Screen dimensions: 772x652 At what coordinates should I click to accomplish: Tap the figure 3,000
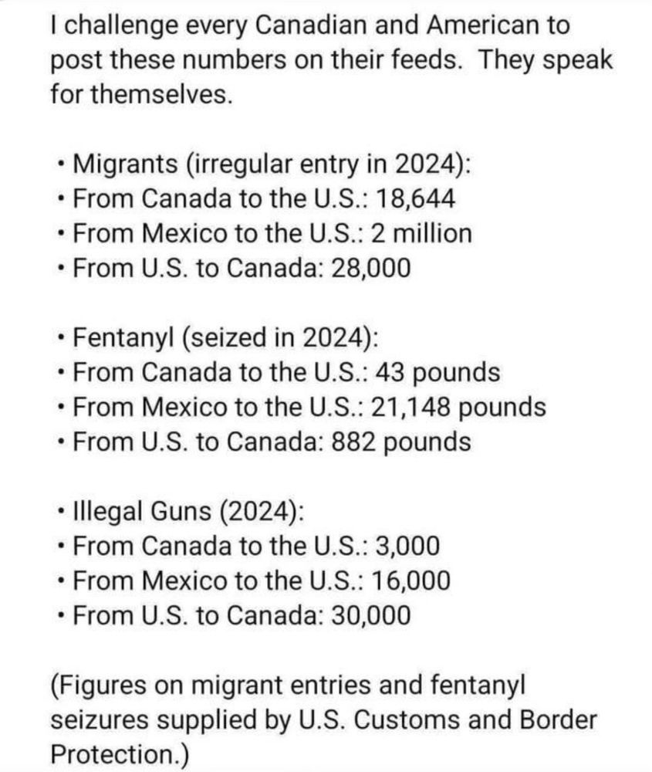pos(407,546)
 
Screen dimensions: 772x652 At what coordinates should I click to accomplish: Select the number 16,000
pos(413,581)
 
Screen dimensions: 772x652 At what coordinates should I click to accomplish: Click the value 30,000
pos(370,615)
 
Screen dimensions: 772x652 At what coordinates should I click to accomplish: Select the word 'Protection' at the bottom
pos(112,754)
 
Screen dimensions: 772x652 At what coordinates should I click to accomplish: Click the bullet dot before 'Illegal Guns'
pos(61,513)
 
